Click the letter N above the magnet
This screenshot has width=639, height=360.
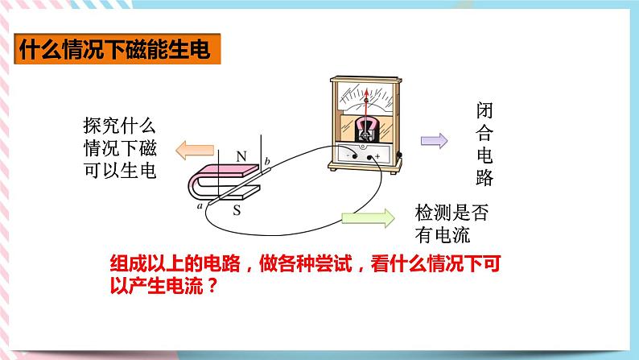point(241,155)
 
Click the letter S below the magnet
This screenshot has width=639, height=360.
point(237,212)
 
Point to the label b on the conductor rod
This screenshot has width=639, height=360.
point(268,163)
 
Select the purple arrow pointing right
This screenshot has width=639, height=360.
point(434,141)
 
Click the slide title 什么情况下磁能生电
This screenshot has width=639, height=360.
point(114,52)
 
